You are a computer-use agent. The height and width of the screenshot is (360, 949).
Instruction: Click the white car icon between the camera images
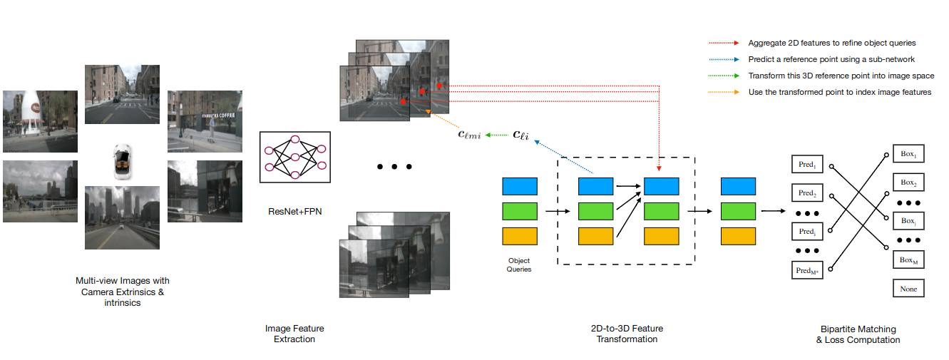[x=122, y=161]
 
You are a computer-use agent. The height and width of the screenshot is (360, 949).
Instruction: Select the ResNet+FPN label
[x=294, y=210]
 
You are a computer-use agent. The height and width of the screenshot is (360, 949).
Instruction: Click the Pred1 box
[x=807, y=165]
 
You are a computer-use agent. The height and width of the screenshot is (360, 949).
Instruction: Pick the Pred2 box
[x=807, y=192]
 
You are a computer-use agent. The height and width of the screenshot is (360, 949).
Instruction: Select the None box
[x=908, y=289]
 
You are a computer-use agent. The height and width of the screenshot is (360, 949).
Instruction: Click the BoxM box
[x=908, y=260]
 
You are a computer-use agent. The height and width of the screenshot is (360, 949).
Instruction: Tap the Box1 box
[x=908, y=154]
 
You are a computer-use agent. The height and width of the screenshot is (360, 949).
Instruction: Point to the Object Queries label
[x=519, y=264]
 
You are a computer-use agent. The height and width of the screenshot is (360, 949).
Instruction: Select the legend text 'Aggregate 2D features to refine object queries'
[x=831, y=43]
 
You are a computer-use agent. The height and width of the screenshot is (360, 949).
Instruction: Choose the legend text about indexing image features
[x=839, y=92]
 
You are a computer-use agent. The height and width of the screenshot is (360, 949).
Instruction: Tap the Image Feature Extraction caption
[x=294, y=334]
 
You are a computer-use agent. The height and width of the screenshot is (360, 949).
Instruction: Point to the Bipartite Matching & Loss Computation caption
[x=858, y=334]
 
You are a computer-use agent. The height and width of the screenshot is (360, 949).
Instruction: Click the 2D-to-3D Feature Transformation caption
[x=627, y=334]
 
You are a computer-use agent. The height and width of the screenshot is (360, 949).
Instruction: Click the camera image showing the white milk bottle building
[x=40, y=121]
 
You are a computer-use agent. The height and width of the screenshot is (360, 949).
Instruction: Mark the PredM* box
[x=807, y=270]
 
